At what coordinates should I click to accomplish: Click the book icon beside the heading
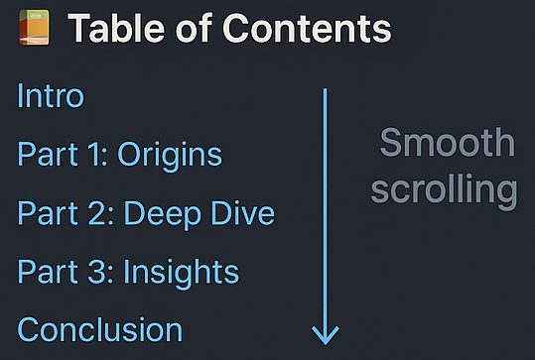34,29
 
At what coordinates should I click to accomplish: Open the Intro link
51,96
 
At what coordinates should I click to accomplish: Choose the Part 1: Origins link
119,155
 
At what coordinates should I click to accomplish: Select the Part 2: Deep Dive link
146,213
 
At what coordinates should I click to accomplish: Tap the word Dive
243,213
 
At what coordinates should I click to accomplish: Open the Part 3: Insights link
128,272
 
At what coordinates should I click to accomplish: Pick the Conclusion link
99,329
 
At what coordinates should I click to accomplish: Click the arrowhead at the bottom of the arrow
326,334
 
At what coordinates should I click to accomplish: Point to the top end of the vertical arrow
326,92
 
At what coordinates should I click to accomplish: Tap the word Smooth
448,144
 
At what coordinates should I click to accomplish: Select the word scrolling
444,189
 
